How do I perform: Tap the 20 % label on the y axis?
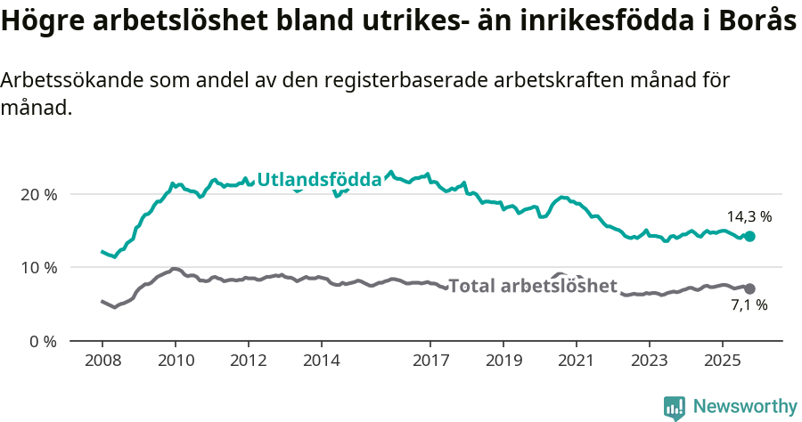coord(38,194)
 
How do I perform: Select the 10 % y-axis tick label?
coord(38,267)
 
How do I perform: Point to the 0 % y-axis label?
coord(43,341)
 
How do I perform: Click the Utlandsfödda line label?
coord(319,180)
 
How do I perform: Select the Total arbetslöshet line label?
coord(532,286)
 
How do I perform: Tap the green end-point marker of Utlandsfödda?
coord(750,236)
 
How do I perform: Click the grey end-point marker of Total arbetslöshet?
coord(750,288)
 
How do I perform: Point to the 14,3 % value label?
coord(749,216)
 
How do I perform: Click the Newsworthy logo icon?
coord(675,408)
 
